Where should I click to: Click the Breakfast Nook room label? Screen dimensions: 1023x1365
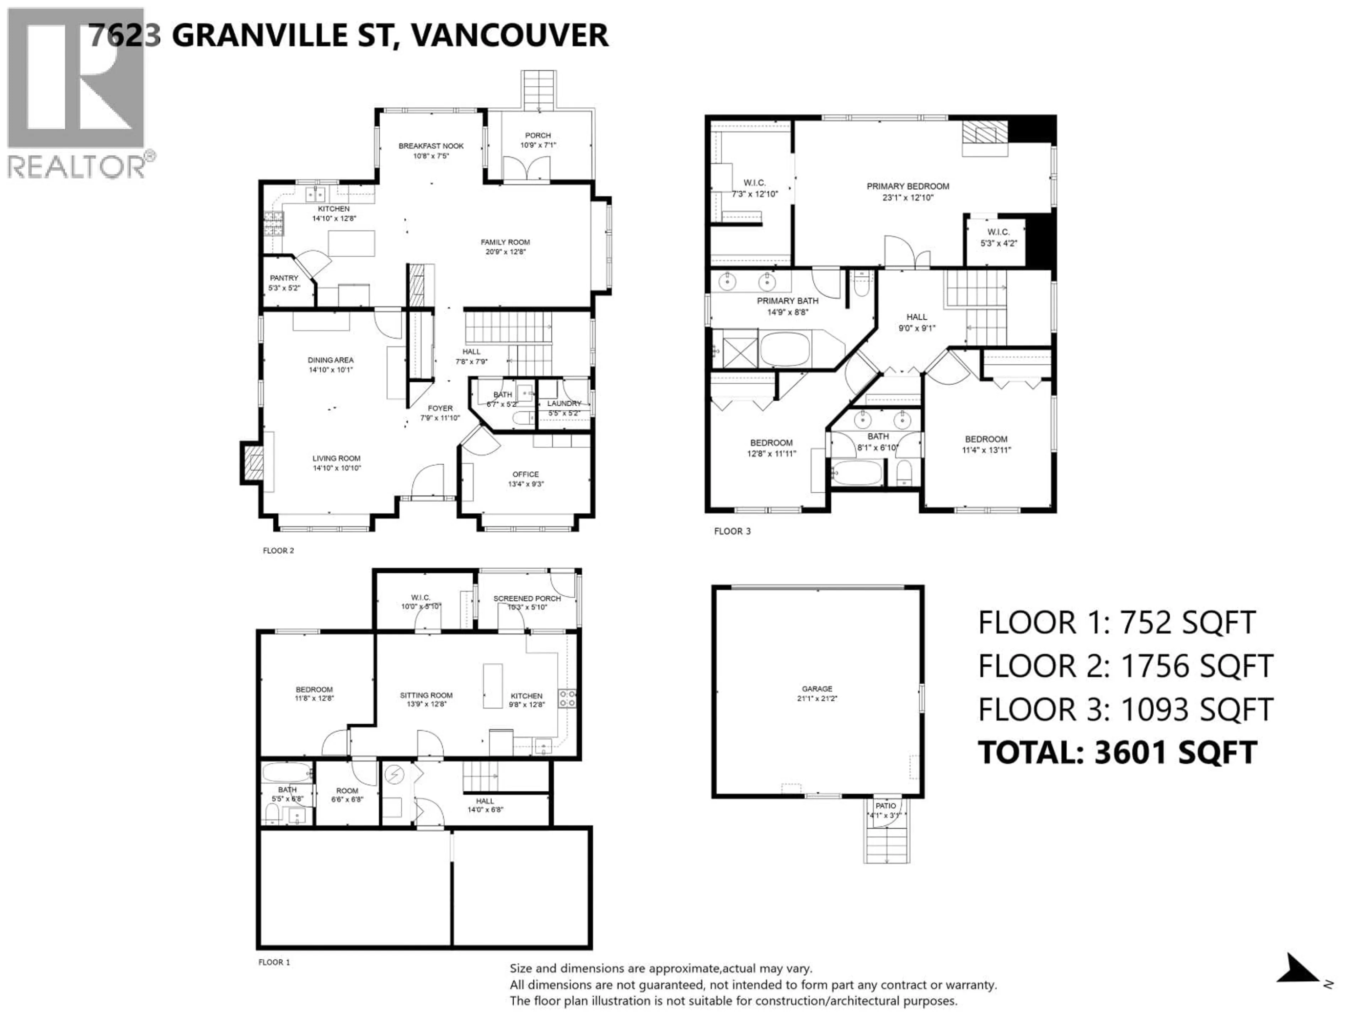coord(431,146)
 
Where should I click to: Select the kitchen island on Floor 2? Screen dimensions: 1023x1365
coord(351,243)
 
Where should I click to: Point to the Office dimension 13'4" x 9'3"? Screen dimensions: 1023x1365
coord(526,484)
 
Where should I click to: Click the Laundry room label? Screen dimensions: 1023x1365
coord(564,403)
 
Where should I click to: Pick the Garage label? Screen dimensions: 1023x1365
coord(817,689)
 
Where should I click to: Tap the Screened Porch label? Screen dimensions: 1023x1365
coord(527,598)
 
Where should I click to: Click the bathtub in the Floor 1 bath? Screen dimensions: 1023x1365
coord(286,772)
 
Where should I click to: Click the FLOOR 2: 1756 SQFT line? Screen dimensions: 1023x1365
coord(1125,666)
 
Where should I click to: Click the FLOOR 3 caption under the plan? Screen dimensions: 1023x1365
coord(733,531)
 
